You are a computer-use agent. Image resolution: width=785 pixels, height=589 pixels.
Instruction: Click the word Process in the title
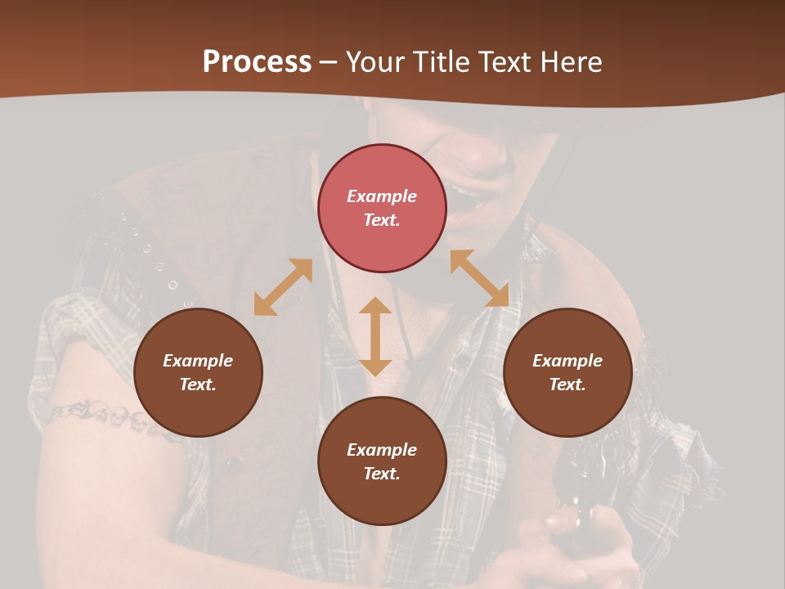[257, 62]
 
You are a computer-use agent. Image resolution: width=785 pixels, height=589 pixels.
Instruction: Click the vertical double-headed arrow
[375, 336]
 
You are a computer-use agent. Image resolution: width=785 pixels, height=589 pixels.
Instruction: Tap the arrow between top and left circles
[283, 287]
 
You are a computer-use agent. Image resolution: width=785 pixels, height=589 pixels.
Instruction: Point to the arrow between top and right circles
[479, 278]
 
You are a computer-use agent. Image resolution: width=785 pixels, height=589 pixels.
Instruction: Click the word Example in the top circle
[382, 196]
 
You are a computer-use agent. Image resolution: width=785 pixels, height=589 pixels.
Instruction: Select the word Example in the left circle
[198, 361]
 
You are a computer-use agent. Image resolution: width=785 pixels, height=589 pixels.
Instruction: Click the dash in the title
[329, 62]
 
